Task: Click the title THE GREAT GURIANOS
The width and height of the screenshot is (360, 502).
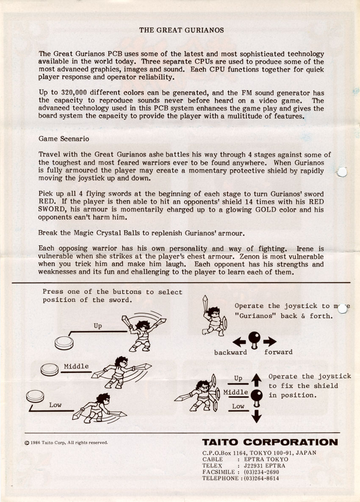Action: (x=181, y=30)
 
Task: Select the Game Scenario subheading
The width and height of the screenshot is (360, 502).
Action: (x=64, y=138)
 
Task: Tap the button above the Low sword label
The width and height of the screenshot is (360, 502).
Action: (x=35, y=397)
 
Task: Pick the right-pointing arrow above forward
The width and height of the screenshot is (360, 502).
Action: (x=269, y=342)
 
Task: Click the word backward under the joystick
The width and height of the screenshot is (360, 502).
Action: (x=230, y=352)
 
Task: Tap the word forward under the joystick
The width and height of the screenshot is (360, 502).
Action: (x=278, y=352)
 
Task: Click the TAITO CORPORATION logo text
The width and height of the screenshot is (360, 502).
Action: (x=270, y=442)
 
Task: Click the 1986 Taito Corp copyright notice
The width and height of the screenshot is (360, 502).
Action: (x=66, y=443)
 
